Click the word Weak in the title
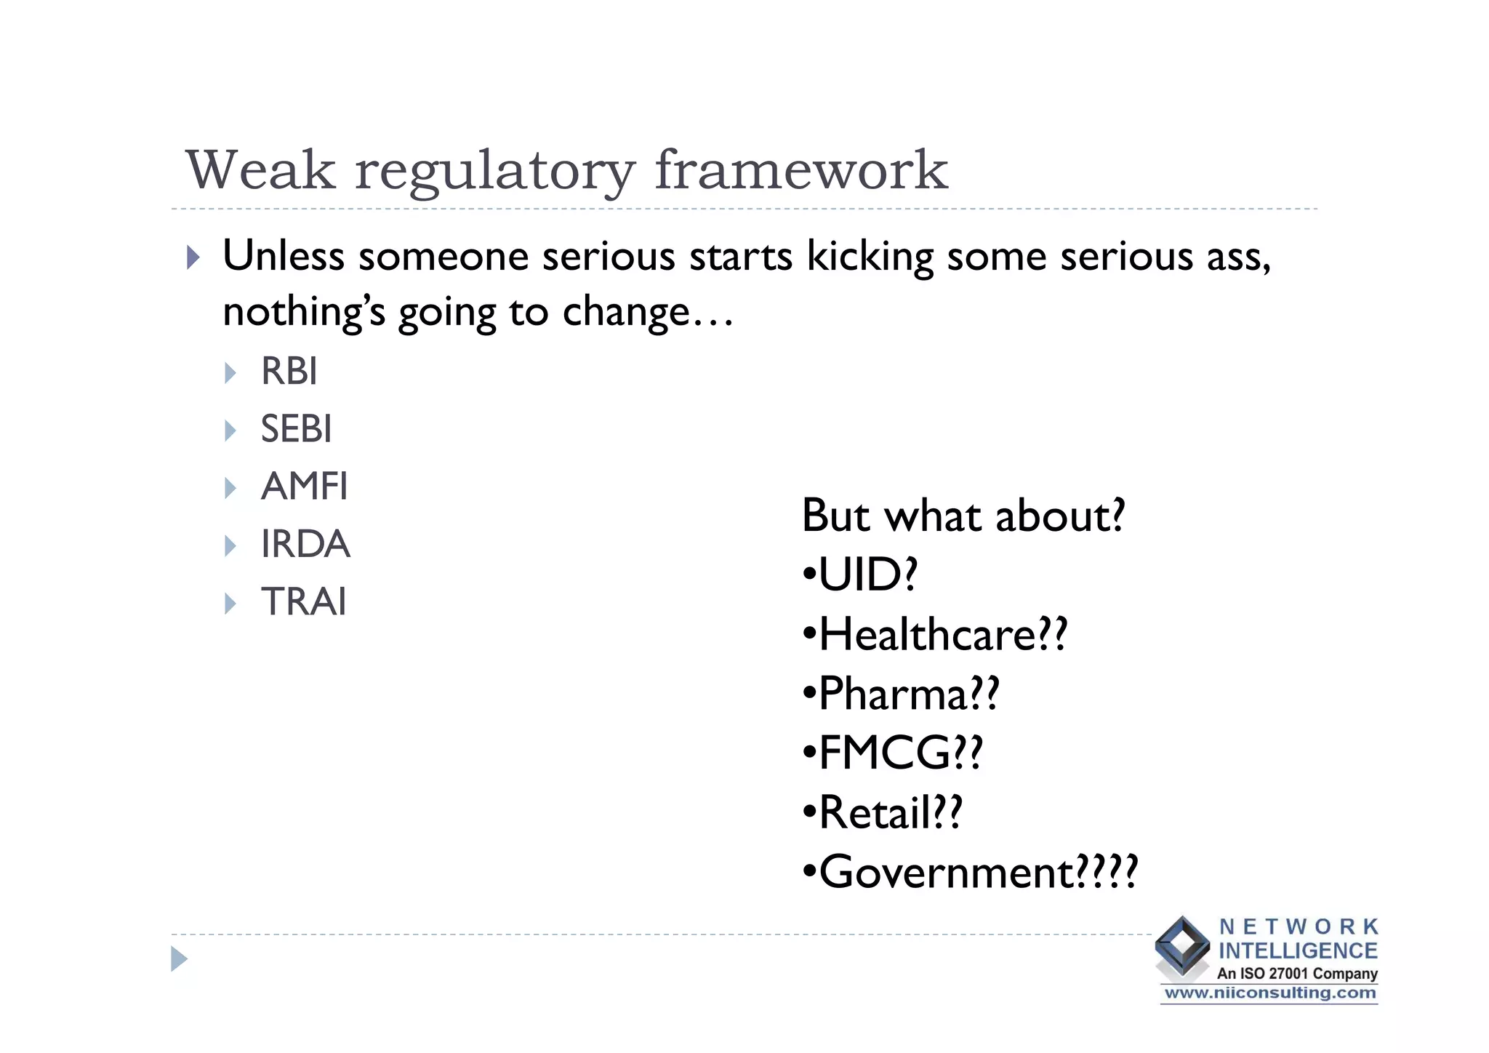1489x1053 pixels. [x=260, y=170]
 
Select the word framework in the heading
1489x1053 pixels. [x=801, y=170]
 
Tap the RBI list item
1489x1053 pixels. [x=289, y=372]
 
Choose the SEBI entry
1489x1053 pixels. [x=296, y=429]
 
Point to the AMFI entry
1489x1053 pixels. [x=304, y=487]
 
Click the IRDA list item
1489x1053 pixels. [x=305, y=544]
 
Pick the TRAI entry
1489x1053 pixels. [x=303, y=602]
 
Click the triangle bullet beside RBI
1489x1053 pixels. [x=230, y=373]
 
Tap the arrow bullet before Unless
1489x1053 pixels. [x=193, y=257]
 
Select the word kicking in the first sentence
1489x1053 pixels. [x=870, y=257]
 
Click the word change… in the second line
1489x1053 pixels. [x=647, y=313]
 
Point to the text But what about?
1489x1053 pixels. [x=963, y=516]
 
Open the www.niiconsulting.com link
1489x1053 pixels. [x=1269, y=993]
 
